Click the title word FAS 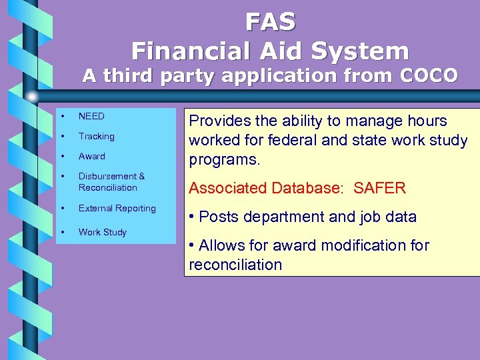tap(270, 22)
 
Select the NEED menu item tap(91, 116)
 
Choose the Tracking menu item tap(96, 136)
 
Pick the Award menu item tap(91, 156)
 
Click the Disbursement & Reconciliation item tap(111, 182)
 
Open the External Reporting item tap(117, 208)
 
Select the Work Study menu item tap(102, 232)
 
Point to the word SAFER tap(379, 188)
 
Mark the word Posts tap(218, 217)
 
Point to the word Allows tap(223, 245)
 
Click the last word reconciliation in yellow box tap(235, 265)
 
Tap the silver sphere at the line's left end tap(31, 96)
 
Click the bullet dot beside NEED tap(62, 116)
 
